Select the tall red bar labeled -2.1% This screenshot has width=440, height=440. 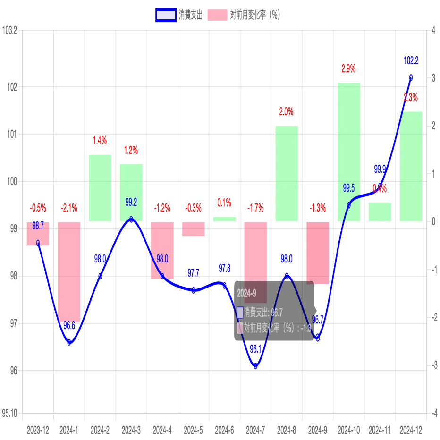point(69,274)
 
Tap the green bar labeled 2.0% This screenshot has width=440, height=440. point(287,173)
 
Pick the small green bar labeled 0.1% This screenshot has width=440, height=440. point(224,219)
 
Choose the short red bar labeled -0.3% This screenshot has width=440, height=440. point(194,229)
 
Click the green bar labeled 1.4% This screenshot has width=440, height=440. point(100,188)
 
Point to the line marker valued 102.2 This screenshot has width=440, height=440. point(411,77)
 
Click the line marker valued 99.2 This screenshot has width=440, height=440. point(131,219)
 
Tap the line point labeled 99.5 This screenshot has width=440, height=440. point(349,205)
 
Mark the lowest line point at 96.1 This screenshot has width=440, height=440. point(255,366)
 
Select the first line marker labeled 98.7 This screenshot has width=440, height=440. point(38,243)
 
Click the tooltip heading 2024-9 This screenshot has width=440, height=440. point(246,294)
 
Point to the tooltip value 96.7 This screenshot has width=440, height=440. point(277,312)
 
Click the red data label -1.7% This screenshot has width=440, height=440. point(255,207)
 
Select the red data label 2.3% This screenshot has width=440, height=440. point(411,98)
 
